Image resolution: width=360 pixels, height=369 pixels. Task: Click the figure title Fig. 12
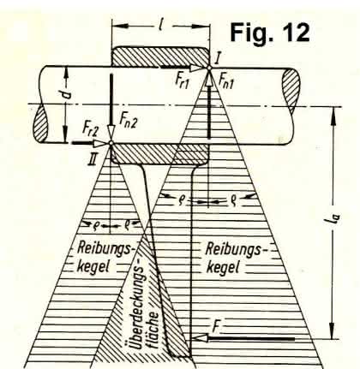269,33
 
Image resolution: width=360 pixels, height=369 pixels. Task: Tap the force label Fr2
91,128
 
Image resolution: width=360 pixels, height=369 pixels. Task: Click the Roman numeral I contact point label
218,57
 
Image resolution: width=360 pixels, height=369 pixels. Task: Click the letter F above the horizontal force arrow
216,327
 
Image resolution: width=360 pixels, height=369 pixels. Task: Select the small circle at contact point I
208,68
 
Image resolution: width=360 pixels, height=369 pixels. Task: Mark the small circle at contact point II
111,143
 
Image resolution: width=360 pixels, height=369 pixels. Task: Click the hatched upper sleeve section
160,57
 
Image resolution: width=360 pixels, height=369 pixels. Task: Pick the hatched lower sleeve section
159,153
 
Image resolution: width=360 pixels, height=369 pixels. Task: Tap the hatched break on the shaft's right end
291,92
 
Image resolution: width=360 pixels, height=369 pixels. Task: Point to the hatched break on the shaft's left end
40,124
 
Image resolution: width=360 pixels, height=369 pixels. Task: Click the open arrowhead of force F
200,338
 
